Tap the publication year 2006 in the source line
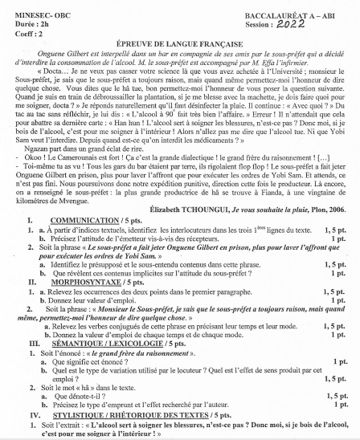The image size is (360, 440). point(337,230)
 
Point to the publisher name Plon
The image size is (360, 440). point(314,230)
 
